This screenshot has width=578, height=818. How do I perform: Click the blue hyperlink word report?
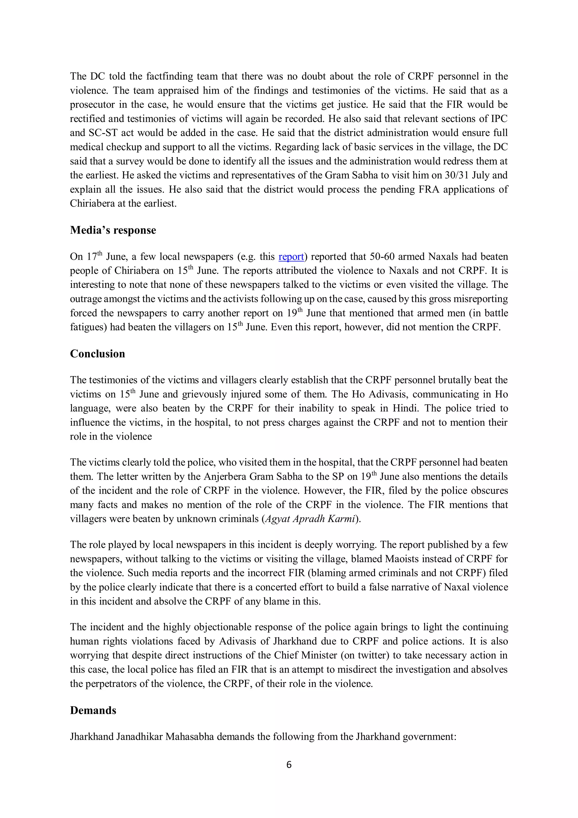click(291, 256)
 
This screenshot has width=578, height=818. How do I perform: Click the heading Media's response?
click(113, 230)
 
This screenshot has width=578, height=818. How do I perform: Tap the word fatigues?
click(88, 327)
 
